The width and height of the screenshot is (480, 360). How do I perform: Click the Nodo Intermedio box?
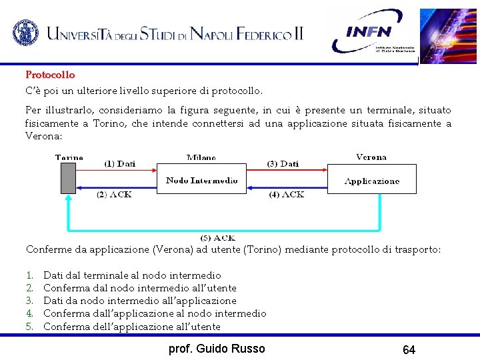[x=201, y=179]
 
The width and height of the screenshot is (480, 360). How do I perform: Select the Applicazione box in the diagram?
[x=371, y=179]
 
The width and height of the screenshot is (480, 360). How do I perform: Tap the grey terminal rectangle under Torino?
[x=68, y=178]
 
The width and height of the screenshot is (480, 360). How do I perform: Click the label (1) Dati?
[x=120, y=163]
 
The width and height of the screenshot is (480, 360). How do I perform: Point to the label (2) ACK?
[x=115, y=195]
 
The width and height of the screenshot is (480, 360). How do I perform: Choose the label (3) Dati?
[x=283, y=163]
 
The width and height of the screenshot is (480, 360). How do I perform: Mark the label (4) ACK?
[x=287, y=195]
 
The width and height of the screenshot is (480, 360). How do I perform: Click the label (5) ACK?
[x=218, y=238]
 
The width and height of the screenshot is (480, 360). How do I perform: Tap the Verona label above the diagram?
[x=371, y=157]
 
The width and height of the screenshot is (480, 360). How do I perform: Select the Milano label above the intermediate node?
[x=201, y=158]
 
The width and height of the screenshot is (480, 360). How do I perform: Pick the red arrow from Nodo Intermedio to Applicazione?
[x=287, y=171]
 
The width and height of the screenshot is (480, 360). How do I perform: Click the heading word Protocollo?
[x=50, y=75]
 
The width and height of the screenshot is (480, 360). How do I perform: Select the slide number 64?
[x=409, y=349]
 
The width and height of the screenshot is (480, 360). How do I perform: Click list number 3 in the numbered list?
[x=29, y=301]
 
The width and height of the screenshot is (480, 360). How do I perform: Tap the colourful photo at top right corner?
[x=448, y=35]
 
